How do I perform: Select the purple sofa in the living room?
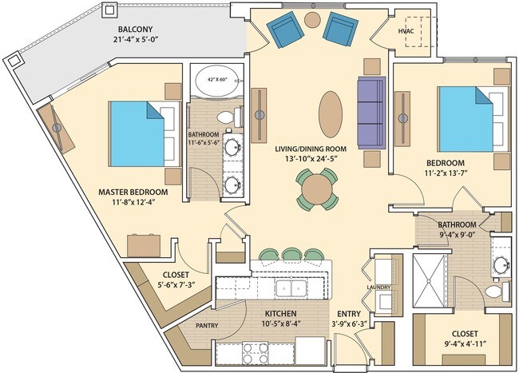pos(370,113)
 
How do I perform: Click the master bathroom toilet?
pos(231,117)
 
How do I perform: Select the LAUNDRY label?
pos(378,287)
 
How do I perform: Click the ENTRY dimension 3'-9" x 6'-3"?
pos(349,325)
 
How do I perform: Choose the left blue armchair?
pos(285,31)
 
